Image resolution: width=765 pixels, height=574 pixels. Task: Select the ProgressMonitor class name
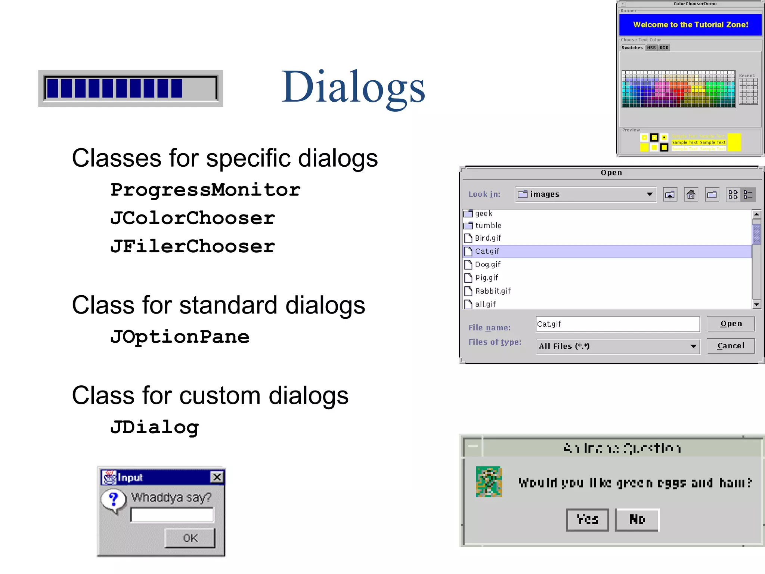point(205,190)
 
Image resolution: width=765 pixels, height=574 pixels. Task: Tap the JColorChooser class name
point(192,218)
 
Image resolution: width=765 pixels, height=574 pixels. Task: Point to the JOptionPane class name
point(180,337)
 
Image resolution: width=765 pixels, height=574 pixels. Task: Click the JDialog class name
point(154,427)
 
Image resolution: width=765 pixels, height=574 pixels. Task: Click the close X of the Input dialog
point(217,477)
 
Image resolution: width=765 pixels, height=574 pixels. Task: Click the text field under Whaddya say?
point(172,515)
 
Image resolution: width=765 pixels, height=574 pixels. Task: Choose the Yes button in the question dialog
point(587,519)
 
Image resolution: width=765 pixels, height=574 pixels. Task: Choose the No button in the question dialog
point(637,519)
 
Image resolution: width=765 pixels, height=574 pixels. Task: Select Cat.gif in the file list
point(487,251)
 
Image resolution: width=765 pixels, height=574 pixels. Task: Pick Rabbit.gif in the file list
point(493,291)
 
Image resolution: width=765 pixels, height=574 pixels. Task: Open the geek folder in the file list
point(483,214)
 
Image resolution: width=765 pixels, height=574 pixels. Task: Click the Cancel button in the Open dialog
point(731,346)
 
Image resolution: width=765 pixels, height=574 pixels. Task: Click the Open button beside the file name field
point(731,324)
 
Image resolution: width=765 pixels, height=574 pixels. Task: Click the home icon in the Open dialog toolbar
point(691,194)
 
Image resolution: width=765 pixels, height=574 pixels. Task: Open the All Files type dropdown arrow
point(693,346)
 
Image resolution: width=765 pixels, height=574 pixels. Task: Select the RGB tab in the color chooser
point(664,48)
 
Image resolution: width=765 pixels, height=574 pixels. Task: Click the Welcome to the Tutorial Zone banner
point(690,25)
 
